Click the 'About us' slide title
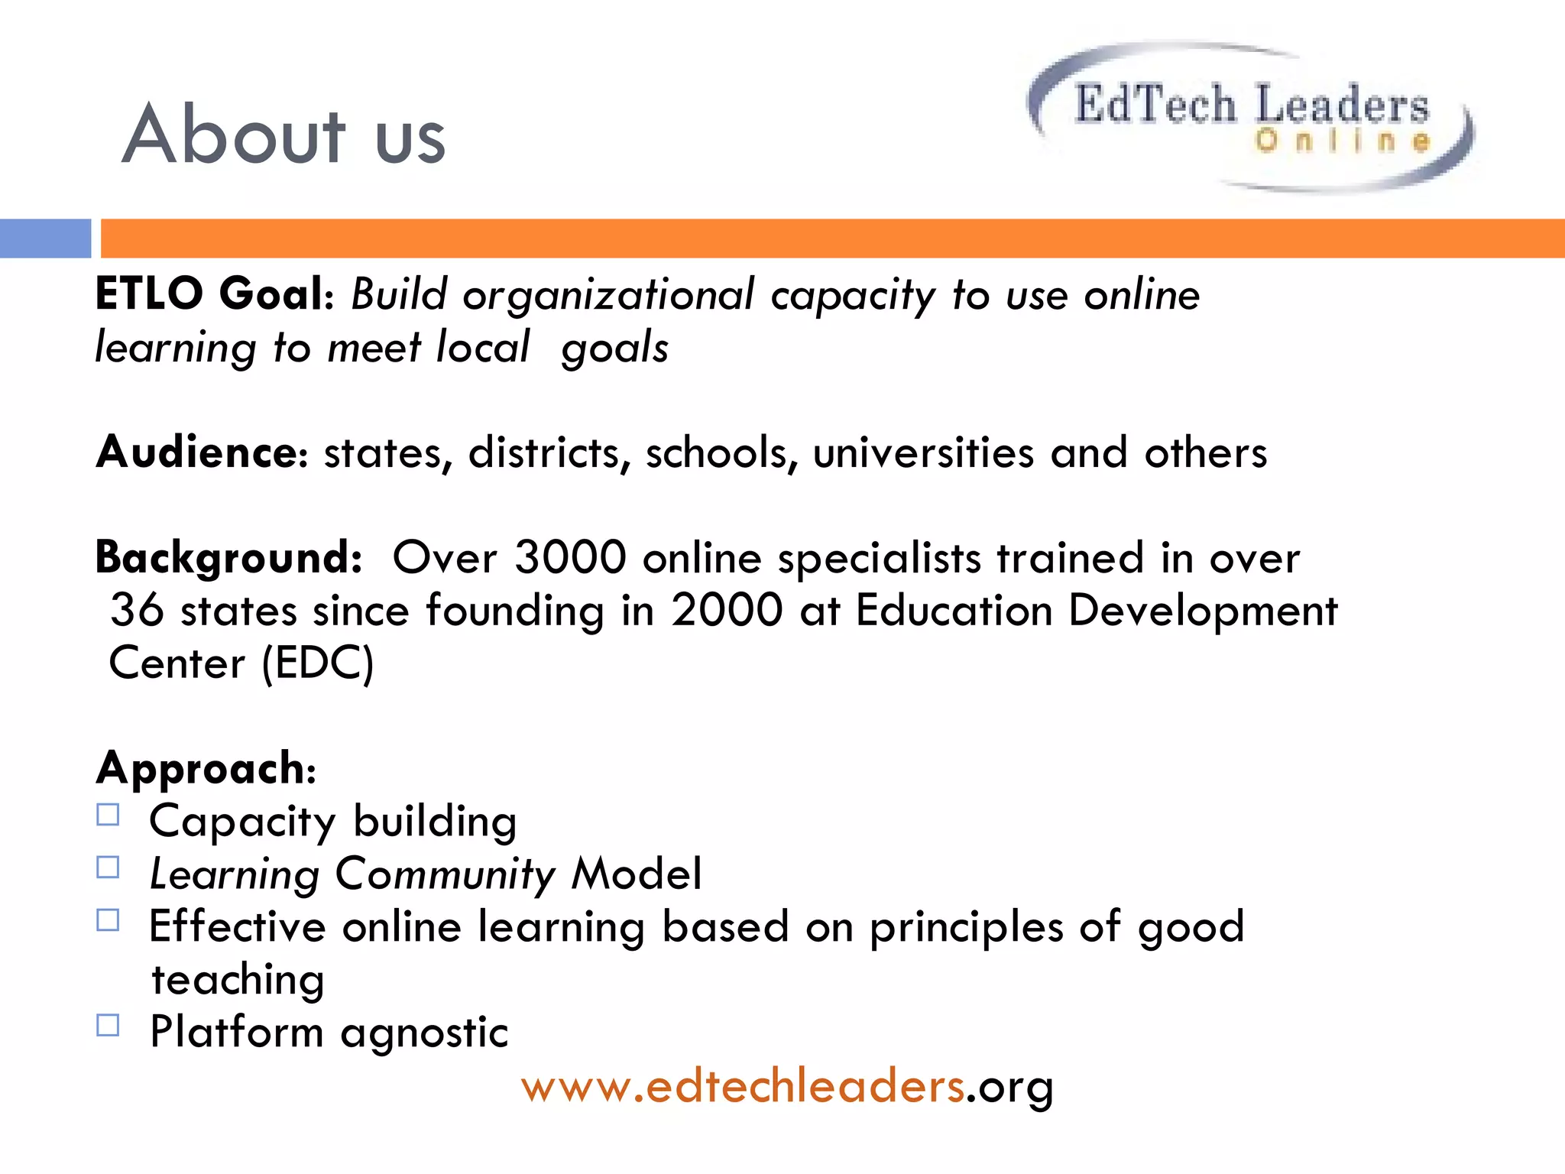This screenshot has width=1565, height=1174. (x=284, y=136)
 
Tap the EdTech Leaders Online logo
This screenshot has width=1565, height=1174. (x=1251, y=116)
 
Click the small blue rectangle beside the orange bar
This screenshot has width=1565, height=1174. (x=45, y=238)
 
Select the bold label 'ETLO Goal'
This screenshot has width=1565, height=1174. (x=210, y=294)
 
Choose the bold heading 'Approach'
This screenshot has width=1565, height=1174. (x=202, y=768)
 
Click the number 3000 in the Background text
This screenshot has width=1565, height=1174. (x=570, y=557)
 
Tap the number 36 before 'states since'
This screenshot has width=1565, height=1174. (x=138, y=611)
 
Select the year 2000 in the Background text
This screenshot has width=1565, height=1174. (x=727, y=611)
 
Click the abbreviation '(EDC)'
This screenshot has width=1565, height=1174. (x=318, y=663)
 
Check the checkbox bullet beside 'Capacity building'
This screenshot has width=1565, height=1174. (x=109, y=816)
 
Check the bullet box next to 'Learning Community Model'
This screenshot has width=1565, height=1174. (x=109, y=868)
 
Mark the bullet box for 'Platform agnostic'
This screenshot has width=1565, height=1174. (x=109, y=1026)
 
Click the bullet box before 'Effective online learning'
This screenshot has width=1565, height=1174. (x=109, y=920)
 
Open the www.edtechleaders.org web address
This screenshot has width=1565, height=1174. (x=787, y=1087)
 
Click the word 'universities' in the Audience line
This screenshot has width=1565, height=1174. (x=922, y=452)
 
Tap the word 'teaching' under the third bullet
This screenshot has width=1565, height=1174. (x=238, y=981)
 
